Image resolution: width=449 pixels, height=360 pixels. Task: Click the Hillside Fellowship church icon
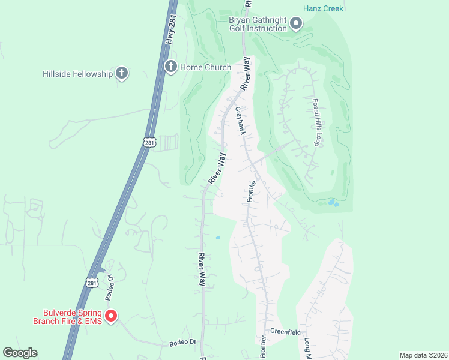point(122,74)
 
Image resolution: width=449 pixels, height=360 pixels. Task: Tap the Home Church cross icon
point(170,67)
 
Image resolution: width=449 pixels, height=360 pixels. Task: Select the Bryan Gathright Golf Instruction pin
point(296,24)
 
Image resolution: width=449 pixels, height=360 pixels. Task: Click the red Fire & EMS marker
point(111,316)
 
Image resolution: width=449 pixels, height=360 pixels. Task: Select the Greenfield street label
point(285,332)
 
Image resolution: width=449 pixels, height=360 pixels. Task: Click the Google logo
point(20,353)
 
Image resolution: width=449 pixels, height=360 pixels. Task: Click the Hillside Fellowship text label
point(78,74)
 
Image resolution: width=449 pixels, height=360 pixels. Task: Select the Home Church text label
point(205,67)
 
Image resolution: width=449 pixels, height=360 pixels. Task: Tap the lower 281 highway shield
point(91,281)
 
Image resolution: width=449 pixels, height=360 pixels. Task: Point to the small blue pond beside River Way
point(218,238)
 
